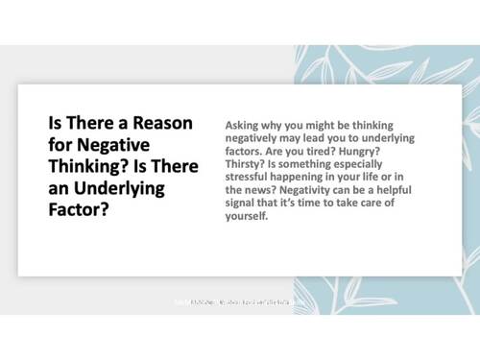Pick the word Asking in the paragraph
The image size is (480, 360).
coord(241,126)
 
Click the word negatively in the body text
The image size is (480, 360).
coord(254,138)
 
